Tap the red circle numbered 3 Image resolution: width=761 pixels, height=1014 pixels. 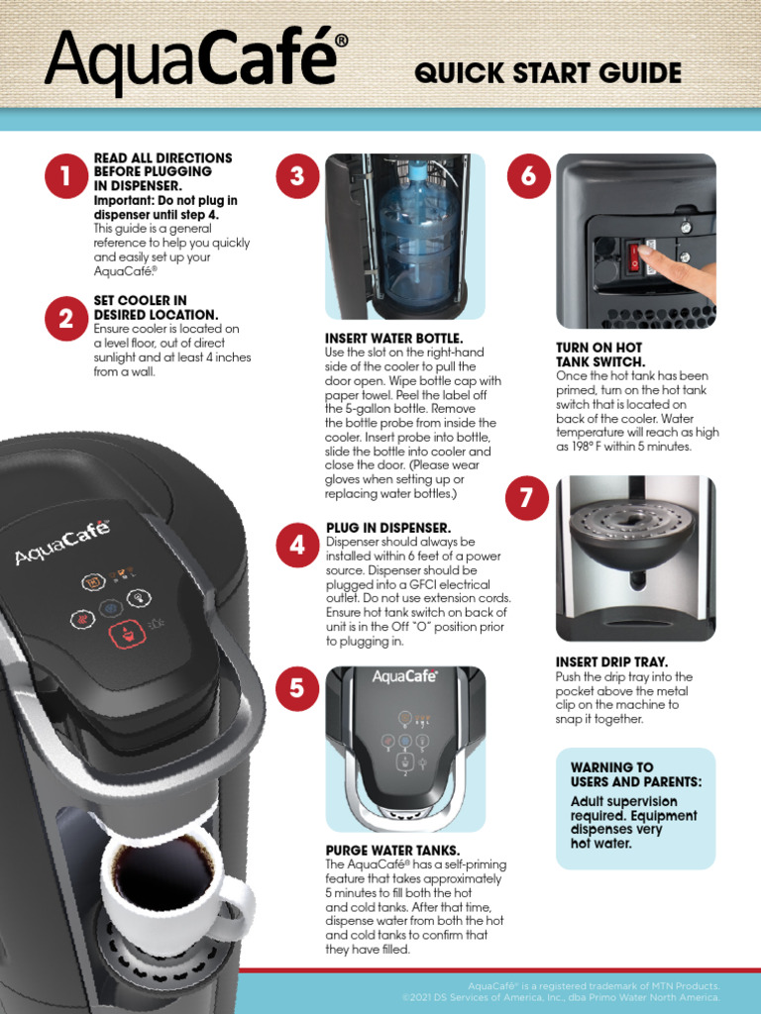[x=296, y=176]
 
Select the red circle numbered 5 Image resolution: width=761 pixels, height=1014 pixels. [x=296, y=688]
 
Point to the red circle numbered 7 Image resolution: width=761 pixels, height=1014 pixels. [x=525, y=500]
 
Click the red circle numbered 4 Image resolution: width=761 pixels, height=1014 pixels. [x=296, y=546]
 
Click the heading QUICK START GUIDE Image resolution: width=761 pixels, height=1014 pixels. [x=548, y=73]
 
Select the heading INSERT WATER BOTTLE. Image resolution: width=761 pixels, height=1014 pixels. [x=394, y=339]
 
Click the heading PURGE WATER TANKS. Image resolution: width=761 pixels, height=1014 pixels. [x=392, y=851]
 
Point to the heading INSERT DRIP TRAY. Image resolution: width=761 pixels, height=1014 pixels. [x=611, y=661]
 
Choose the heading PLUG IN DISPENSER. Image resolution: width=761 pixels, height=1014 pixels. [x=388, y=528]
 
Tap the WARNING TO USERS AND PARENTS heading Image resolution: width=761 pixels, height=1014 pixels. [x=634, y=774]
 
